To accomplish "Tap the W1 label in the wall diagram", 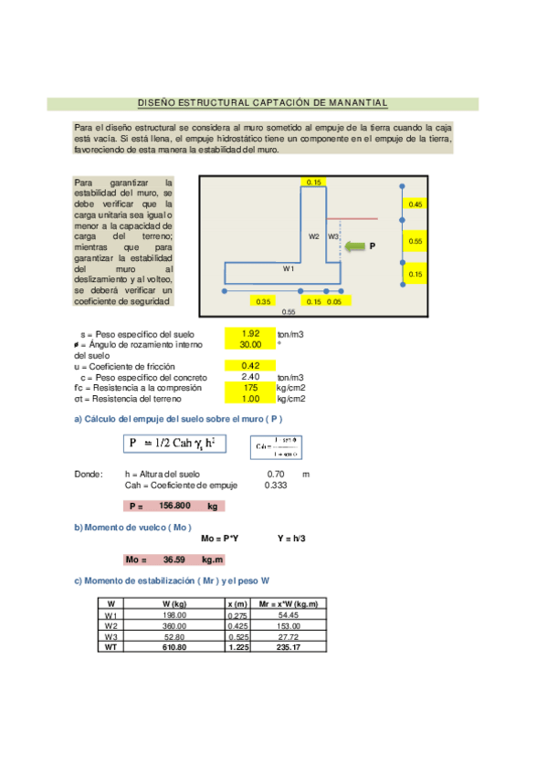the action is [288, 269].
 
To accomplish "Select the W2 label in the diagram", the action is [313, 235].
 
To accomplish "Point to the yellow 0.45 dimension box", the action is [416, 204].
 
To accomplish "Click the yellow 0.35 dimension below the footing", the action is [264, 300].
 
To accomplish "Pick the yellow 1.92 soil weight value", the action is [250, 334].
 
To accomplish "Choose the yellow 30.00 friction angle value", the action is [250, 345].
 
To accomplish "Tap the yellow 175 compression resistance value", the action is [250, 388].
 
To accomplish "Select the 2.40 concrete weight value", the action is [250, 377].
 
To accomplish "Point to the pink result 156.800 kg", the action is [173, 506].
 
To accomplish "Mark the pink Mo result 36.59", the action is [173, 560].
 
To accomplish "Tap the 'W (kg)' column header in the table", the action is [174, 604].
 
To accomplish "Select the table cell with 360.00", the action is [174, 625].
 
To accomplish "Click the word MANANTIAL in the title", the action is [356, 103].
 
